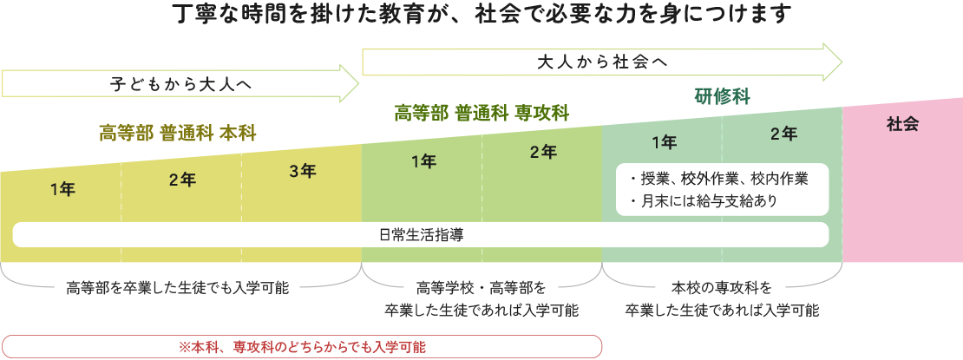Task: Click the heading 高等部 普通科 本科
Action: tap(178, 134)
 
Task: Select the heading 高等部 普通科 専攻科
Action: tap(481, 113)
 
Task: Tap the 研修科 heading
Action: tap(722, 96)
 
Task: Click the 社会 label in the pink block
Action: tap(902, 124)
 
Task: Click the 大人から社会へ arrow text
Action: tap(602, 62)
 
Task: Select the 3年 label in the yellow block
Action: tap(303, 171)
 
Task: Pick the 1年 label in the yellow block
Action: tap(62, 189)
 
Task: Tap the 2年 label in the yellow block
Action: tap(182, 180)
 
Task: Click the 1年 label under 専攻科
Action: tap(423, 160)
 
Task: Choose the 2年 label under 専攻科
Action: tap(543, 151)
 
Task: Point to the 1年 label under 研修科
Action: tap(664, 141)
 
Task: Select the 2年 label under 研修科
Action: tap(783, 133)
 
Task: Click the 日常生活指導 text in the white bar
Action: tap(421, 235)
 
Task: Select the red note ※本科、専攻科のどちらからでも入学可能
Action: tap(303, 347)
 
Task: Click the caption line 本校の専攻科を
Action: tap(722, 287)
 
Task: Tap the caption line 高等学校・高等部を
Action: tap(481, 287)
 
